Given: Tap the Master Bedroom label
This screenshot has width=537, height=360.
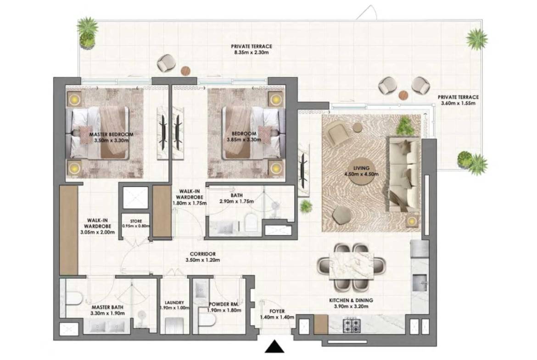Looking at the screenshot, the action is tap(112, 134).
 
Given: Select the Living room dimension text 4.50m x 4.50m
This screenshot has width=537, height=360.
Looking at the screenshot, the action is tap(361, 174).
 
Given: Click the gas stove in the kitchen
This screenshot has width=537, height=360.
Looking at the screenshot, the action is tap(352, 325).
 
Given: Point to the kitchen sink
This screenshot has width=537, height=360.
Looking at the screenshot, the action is tap(420, 282).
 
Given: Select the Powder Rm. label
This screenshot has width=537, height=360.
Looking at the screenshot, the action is tap(224, 304).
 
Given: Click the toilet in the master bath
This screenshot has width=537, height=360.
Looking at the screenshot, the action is tap(73, 299).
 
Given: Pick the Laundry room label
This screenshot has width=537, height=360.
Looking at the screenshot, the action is tap(174, 303).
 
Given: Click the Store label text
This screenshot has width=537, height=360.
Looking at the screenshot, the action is tap(136, 221).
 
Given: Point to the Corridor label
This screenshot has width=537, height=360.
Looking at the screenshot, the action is tap(203, 254).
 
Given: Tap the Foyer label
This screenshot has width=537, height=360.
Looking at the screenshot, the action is tap(277, 311).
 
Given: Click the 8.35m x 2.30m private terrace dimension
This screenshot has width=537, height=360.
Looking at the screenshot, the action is tap(252, 53).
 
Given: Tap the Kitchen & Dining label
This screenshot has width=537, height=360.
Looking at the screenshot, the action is tap(351, 300).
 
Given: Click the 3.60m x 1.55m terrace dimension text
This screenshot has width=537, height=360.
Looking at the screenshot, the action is tap(458, 103).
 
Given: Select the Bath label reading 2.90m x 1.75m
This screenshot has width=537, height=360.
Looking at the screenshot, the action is tap(237, 195).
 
